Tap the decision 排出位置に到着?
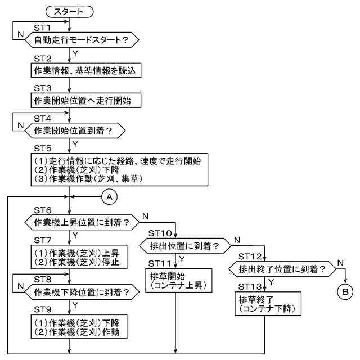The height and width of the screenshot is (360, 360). click(x=182, y=246)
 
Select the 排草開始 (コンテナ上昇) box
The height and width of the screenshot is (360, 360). click(x=177, y=280)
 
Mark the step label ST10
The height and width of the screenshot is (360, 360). click(x=161, y=233)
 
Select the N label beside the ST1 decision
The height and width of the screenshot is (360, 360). click(x=20, y=34)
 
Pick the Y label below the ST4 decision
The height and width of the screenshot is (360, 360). click(x=75, y=144)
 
